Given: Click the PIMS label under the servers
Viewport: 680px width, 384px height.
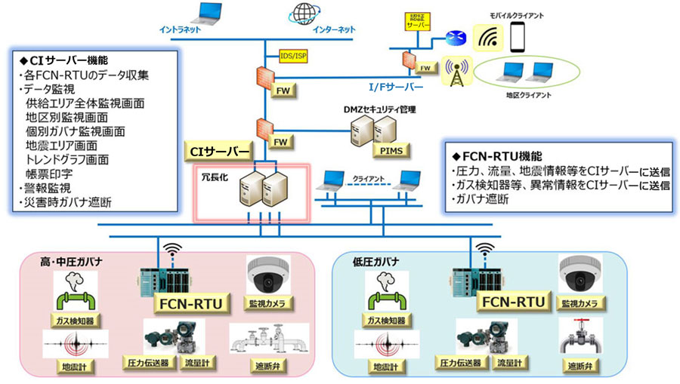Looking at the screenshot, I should [392, 151].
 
